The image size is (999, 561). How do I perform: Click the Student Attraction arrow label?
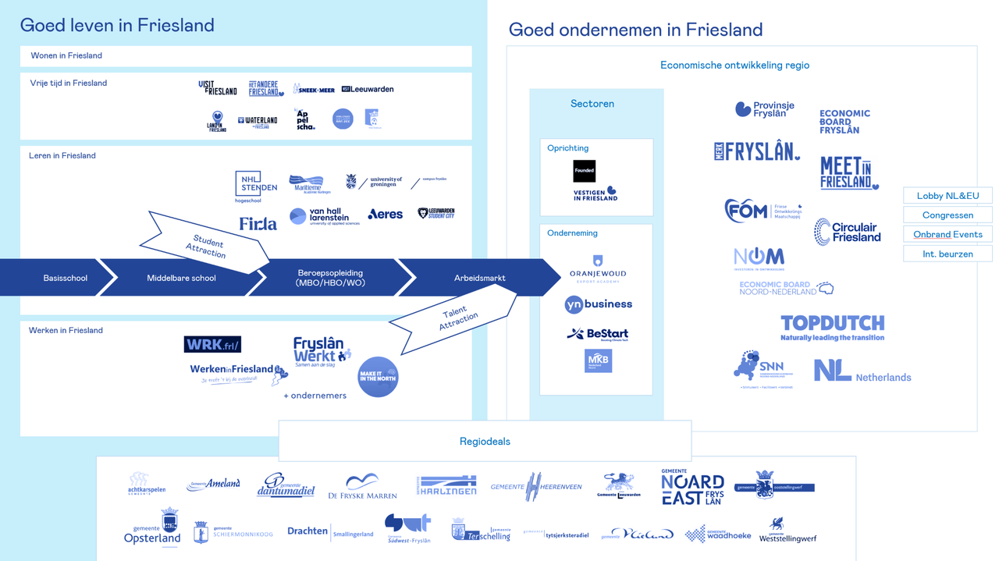click(206, 246)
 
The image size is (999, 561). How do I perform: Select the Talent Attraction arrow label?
click(458, 319)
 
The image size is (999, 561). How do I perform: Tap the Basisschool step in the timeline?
click(66, 278)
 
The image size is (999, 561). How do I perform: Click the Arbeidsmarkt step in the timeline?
click(479, 278)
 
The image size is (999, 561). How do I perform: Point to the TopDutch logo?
click(832, 328)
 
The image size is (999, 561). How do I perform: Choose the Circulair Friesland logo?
click(848, 232)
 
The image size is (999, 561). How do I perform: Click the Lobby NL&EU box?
click(947, 196)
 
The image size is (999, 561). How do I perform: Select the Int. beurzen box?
click(947, 254)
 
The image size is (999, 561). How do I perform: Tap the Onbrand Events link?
click(947, 234)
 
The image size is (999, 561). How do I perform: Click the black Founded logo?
click(584, 171)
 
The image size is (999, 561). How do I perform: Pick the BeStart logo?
click(597, 334)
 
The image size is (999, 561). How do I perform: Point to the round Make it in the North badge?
click(378, 377)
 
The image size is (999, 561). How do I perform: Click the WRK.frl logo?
click(212, 344)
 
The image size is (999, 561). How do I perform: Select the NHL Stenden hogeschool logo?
click(256, 186)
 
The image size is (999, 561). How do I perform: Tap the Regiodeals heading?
click(485, 442)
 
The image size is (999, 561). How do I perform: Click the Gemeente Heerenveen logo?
click(536, 486)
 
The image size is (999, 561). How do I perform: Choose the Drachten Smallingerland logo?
click(330, 532)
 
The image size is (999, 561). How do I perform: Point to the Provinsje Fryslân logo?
click(765, 109)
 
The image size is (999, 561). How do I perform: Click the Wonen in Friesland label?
click(66, 56)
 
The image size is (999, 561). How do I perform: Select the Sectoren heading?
click(592, 104)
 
